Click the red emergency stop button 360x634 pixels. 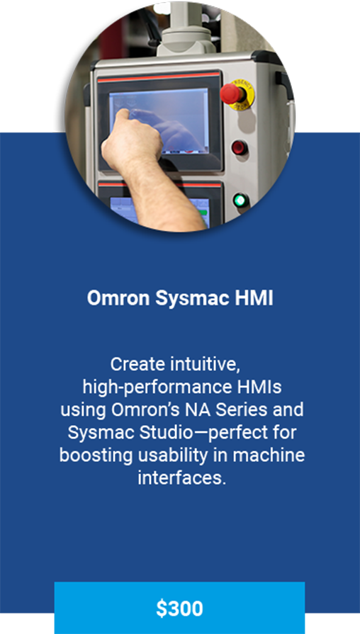(230, 94)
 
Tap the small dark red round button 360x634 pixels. (240, 147)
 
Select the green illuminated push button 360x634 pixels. (241, 200)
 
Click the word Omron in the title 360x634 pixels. (118, 298)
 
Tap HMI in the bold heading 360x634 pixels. (248, 298)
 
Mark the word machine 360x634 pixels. (269, 455)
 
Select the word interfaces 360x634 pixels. (181, 478)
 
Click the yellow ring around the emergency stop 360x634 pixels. (247, 89)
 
